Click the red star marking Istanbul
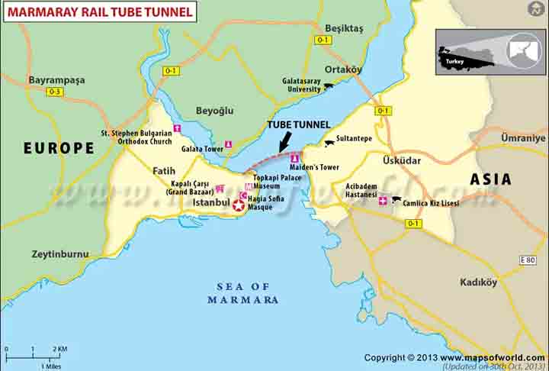point(239,205)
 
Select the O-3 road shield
point(54,92)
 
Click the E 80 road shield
point(528,260)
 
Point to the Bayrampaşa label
point(56,79)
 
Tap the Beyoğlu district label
point(214,111)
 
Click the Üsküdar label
point(402,160)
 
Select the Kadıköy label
point(478,282)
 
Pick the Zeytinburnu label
point(60,254)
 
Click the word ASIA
point(490,179)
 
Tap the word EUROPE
point(59,148)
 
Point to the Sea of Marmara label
point(242,293)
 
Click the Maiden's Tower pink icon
point(295,158)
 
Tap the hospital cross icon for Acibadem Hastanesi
point(383,201)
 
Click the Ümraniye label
point(523,138)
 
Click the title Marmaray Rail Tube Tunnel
point(100,11)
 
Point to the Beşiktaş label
point(344,28)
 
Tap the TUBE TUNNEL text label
point(298,124)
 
